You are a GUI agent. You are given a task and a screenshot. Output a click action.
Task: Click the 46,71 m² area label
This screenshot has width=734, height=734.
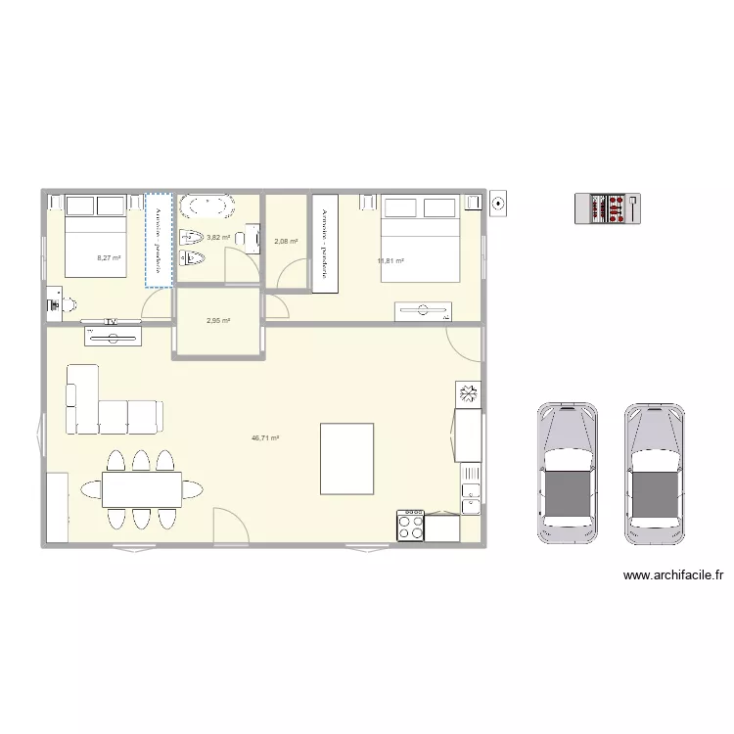[x=265, y=439]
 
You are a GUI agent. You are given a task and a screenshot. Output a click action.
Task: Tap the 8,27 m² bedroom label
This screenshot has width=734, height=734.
[x=108, y=258]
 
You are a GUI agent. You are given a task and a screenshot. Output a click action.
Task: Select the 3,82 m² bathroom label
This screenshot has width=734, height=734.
[x=218, y=237]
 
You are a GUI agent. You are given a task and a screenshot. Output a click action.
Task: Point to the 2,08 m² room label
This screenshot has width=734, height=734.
[x=286, y=242]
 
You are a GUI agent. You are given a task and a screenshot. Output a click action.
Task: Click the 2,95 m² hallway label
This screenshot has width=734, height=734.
[x=217, y=320]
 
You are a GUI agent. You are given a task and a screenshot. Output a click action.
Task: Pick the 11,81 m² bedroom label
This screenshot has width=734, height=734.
[x=390, y=260]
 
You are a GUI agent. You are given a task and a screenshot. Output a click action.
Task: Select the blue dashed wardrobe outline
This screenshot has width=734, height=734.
[x=159, y=240]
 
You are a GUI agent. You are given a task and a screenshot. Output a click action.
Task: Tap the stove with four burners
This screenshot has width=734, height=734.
[x=411, y=527]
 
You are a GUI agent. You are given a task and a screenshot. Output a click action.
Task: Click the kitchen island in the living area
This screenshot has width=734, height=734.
[x=347, y=459]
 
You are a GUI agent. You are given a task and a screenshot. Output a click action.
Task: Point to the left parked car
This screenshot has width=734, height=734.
[x=567, y=472]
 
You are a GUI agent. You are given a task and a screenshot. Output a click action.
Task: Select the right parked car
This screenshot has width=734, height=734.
[x=655, y=472]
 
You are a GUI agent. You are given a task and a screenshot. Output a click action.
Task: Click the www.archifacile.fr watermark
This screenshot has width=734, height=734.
[x=672, y=576]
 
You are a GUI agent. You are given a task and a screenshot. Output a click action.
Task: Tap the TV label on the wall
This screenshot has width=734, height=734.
[x=112, y=321]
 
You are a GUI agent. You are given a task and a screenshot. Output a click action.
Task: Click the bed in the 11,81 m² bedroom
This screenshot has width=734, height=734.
[x=420, y=239]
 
